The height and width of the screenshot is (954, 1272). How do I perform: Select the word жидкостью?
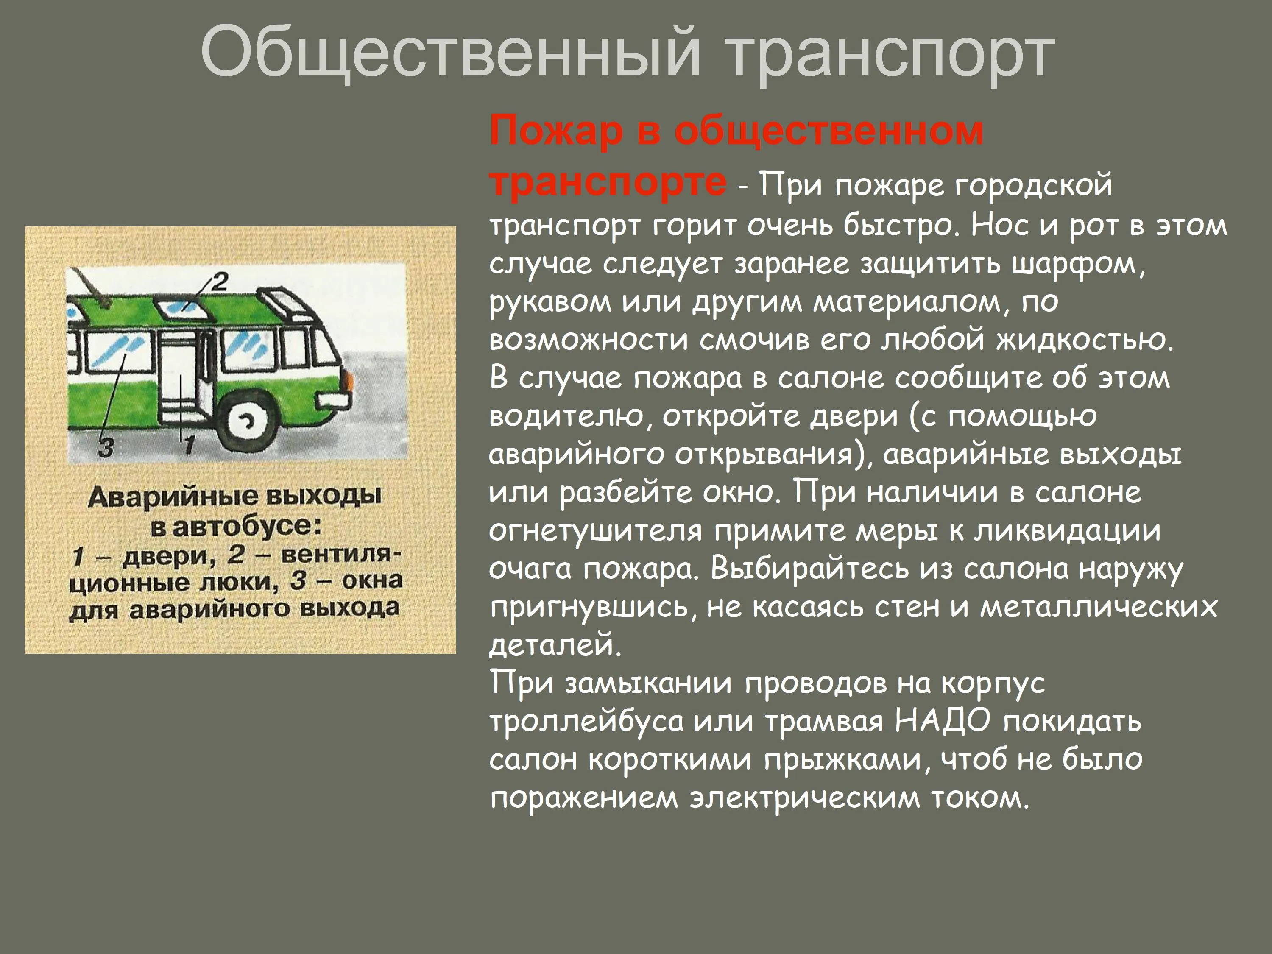pyautogui.click(x=1084, y=340)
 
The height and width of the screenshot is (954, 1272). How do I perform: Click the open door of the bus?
pyautogui.click(x=181, y=380)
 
